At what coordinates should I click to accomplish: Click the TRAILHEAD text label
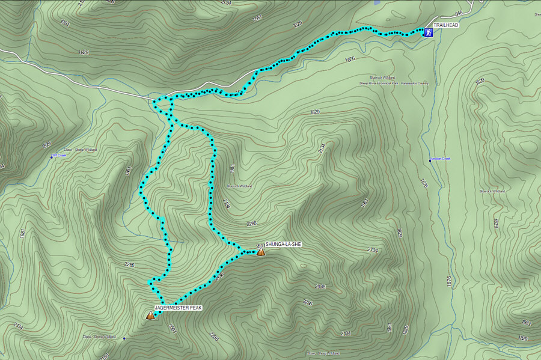point(445,25)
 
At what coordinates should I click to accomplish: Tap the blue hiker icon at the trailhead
point(429,32)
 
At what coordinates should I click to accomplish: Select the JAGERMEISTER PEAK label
point(179,308)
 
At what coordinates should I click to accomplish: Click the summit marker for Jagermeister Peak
point(150,315)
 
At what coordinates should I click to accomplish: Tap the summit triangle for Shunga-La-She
point(261,252)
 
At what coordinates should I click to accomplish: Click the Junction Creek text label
point(441,159)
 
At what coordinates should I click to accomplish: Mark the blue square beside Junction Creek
point(430,160)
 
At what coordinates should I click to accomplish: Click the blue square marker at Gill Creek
point(52,157)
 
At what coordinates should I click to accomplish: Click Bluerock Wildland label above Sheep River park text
point(382,78)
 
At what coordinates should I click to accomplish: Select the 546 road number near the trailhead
point(459,13)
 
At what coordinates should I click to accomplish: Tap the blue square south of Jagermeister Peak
point(124,338)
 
